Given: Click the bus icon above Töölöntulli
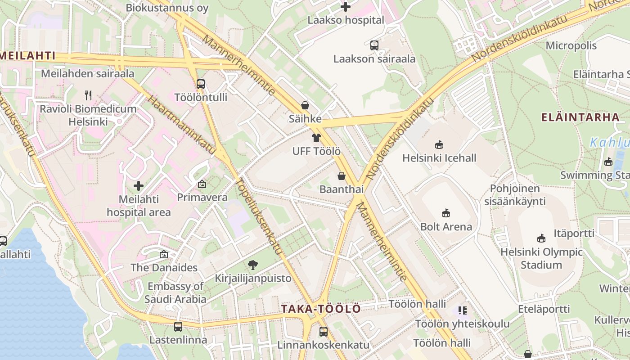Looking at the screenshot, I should click(201, 84).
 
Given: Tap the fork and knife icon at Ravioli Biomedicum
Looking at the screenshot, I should click(88, 95).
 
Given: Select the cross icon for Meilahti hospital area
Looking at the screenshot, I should click(139, 185).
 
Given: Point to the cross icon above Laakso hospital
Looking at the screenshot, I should click(346, 7).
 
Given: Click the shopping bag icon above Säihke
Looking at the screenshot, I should click(305, 105).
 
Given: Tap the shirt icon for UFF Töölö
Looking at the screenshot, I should click(316, 138).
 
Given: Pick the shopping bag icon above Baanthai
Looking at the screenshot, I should click(342, 176).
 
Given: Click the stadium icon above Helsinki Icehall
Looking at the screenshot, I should click(439, 144).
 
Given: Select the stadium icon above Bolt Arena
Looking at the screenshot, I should click(446, 213).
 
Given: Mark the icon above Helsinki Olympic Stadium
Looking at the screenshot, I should click(541, 238).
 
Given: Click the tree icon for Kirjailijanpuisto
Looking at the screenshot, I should click(253, 265).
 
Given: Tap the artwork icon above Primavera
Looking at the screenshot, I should click(202, 184).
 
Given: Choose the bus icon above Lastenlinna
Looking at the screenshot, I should click(178, 326).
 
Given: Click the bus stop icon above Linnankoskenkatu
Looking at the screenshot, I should click(323, 332).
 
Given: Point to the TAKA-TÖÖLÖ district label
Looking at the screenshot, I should click(321, 309).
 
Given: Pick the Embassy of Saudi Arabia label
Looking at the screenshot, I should click(175, 292).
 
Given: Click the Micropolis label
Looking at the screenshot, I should click(571, 45).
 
